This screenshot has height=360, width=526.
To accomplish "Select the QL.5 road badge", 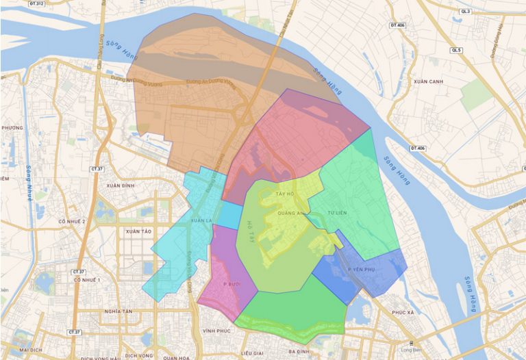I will [457, 50].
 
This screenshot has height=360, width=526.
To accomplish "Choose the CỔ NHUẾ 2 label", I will [71, 222].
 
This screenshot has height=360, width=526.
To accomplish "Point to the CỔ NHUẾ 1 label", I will [87, 280].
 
